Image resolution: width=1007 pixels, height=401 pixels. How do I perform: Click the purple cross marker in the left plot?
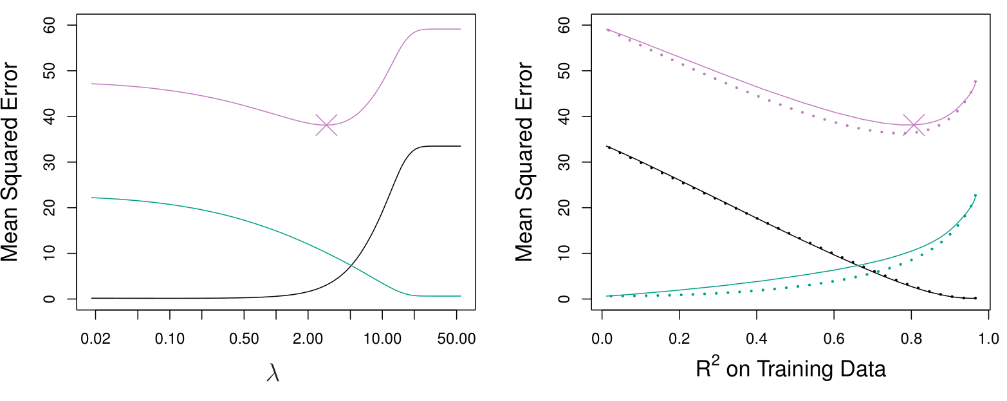pyautogui.click(x=326, y=125)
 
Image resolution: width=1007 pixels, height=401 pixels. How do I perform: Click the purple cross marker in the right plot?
pyautogui.click(x=914, y=125)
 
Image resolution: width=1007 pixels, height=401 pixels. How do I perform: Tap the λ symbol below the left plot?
pyautogui.click(x=273, y=373)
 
